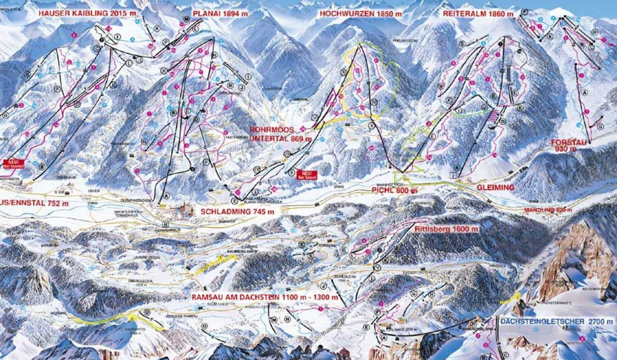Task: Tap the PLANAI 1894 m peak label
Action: [x=220, y=13]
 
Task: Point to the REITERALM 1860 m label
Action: [x=478, y=13]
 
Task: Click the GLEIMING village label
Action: [x=496, y=188]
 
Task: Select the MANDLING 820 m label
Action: [x=548, y=210]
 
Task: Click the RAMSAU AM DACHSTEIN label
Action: [x=265, y=297]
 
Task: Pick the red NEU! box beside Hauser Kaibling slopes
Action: [x=14, y=164]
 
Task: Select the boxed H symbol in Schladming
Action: [x=165, y=225]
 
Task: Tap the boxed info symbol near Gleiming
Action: [x=452, y=175]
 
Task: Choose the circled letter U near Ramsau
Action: [x=148, y=312]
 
